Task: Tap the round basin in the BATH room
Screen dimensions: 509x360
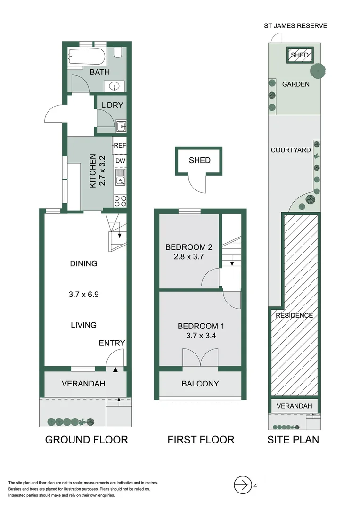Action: click(114, 87)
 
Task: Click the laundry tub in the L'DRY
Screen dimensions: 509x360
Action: click(121, 126)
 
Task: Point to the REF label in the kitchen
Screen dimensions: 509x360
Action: click(120, 146)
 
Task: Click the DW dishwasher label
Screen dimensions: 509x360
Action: click(120, 161)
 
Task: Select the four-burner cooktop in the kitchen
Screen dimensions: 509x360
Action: click(120, 201)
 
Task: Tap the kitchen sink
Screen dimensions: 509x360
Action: click(121, 179)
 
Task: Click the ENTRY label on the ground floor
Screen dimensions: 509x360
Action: click(112, 343)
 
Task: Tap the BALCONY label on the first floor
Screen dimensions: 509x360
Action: click(200, 383)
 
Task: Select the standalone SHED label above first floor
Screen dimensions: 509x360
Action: click(199, 160)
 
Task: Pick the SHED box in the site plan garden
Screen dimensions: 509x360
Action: click(300, 55)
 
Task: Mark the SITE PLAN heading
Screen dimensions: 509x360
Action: click(293, 440)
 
